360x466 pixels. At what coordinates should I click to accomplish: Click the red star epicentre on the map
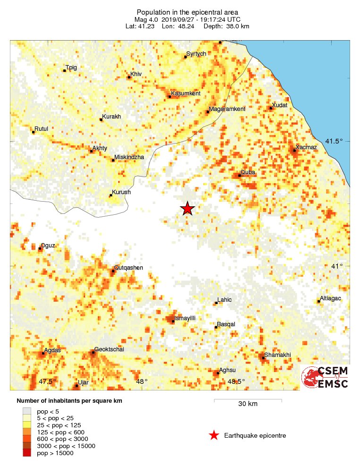[188, 208]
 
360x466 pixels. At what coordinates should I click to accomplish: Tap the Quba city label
[248, 172]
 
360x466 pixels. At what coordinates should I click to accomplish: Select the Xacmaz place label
[306, 147]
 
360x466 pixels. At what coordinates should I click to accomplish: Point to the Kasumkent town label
[186, 93]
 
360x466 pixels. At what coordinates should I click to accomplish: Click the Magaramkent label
[227, 109]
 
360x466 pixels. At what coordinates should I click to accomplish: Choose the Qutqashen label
[129, 268]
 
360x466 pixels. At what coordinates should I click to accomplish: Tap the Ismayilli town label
[185, 319]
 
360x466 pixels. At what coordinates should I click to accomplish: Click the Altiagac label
[331, 298]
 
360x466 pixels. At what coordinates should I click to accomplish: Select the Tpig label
[71, 68]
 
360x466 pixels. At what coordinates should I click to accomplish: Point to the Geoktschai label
[109, 350]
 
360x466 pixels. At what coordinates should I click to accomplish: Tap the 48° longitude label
[142, 381]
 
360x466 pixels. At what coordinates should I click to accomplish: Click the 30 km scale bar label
[248, 404]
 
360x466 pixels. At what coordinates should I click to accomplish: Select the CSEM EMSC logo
[325, 377]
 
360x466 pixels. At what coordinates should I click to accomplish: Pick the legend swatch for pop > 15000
[27, 453]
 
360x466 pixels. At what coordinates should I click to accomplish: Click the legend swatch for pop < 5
[27, 412]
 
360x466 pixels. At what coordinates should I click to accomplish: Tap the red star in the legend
[214, 435]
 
